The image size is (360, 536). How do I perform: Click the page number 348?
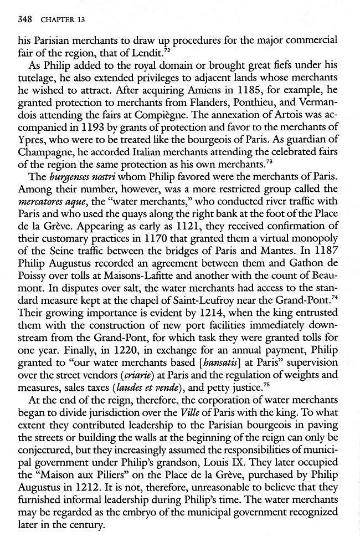(25, 19)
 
